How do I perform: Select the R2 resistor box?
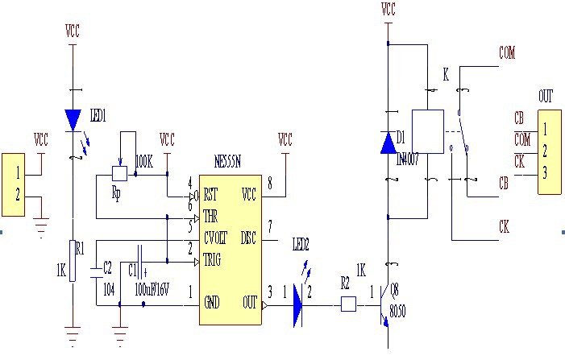pos(348,304)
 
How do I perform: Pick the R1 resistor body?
pos(73,261)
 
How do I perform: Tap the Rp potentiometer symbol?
pos(119,172)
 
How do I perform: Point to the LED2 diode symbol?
pos(297,304)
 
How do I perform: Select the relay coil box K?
pos(427,131)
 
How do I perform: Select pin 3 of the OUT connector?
pos(545,172)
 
